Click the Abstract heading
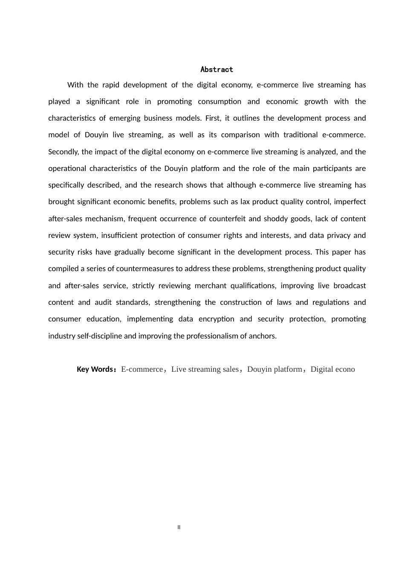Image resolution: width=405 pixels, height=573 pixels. [x=217, y=69]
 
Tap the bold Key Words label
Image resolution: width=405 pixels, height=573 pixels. [x=95, y=369]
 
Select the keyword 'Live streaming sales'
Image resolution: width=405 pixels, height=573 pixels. [x=205, y=369]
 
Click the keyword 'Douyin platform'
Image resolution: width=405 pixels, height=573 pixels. [x=274, y=369]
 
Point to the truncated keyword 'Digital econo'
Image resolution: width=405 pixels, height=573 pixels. [x=333, y=369]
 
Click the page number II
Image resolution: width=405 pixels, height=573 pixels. [x=179, y=527]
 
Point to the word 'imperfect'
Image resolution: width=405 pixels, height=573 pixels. [x=350, y=202]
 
